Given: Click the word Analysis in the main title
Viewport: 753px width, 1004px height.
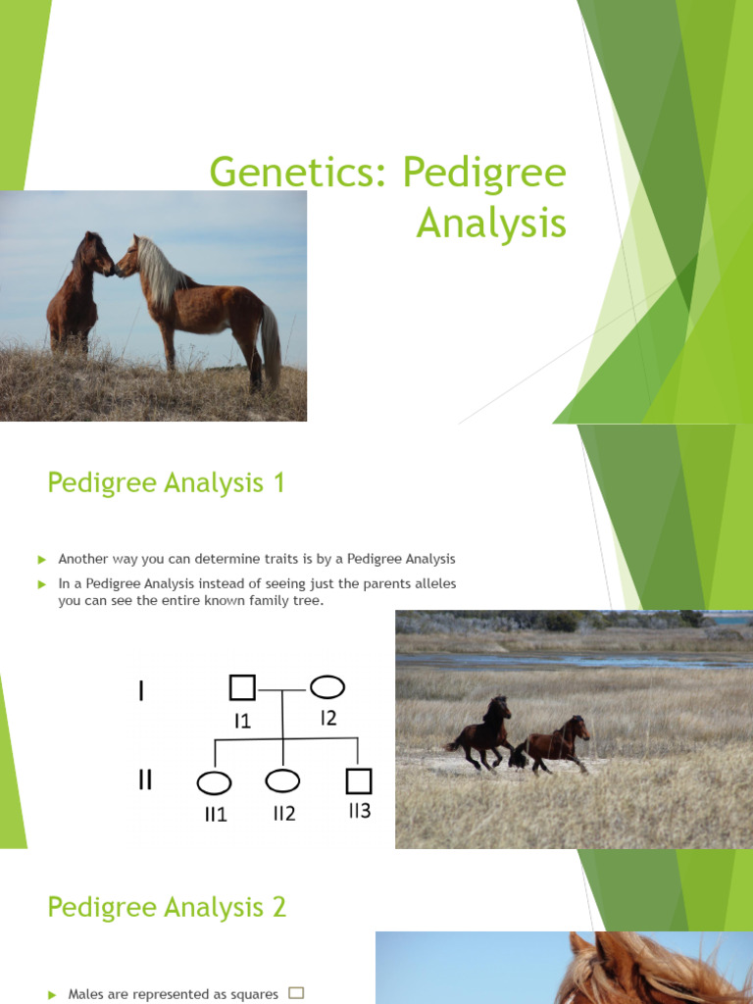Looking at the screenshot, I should pyautogui.click(x=491, y=223).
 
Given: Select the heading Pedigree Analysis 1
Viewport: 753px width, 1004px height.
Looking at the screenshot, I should pyautogui.click(x=166, y=482).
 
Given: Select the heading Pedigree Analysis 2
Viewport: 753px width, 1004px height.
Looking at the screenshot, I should pyautogui.click(x=167, y=907).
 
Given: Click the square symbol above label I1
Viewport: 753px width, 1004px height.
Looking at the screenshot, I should pyautogui.click(x=242, y=688).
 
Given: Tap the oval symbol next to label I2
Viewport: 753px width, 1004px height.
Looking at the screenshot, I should pyautogui.click(x=327, y=687).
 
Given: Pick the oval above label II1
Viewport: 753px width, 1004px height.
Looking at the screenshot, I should pyautogui.click(x=215, y=782).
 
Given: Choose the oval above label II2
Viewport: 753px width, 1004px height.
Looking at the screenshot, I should pyautogui.click(x=282, y=780).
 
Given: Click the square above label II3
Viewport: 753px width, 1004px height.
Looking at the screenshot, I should pyautogui.click(x=359, y=780).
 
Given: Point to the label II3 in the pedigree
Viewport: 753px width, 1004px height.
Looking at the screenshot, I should pyautogui.click(x=359, y=811).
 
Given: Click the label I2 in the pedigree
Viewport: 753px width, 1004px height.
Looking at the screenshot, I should pyautogui.click(x=327, y=718).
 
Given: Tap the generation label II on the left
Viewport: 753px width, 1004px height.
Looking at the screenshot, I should pyautogui.click(x=145, y=781).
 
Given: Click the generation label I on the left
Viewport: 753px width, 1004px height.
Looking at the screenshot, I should pyautogui.click(x=142, y=691).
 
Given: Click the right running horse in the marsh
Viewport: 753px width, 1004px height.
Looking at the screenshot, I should pyautogui.click(x=556, y=743).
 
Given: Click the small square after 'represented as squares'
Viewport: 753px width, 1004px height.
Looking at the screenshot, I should pyautogui.click(x=296, y=992).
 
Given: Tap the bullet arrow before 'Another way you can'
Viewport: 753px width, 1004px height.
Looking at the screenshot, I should pyautogui.click(x=42, y=559).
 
